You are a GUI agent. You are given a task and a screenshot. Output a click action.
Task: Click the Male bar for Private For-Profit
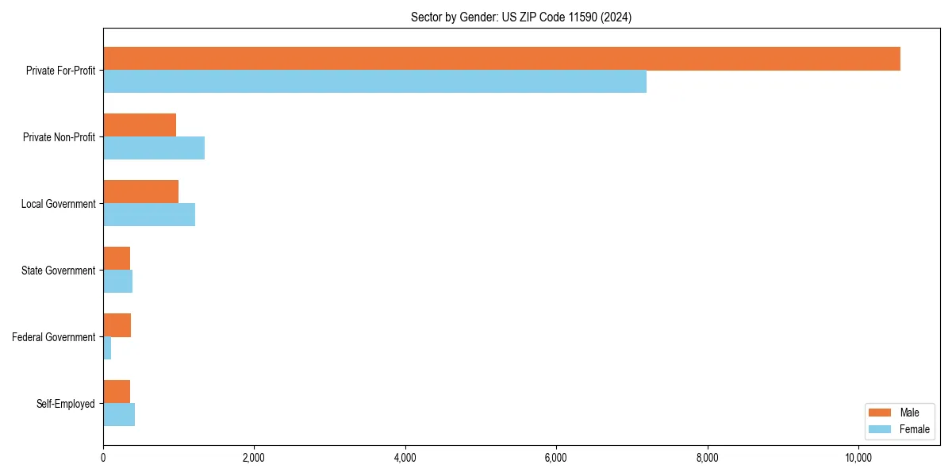pyautogui.click(x=501, y=59)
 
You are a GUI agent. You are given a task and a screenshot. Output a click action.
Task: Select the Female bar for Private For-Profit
pyautogui.click(x=374, y=82)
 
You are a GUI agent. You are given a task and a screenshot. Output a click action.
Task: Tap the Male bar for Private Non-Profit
pyautogui.click(x=140, y=125)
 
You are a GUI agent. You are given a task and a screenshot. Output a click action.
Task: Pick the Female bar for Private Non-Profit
pyautogui.click(x=154, y=148)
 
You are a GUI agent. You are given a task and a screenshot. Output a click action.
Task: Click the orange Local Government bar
pyautogui.click(x=140, y=192)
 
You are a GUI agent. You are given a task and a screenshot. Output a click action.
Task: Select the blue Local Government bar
pyautogui.click(x=149, y=215)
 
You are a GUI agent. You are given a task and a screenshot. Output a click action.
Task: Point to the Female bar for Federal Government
pyautogui.click(x=107, y=348)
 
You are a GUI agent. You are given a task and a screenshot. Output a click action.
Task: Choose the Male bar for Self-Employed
pyautogui.click(x=117, y=392)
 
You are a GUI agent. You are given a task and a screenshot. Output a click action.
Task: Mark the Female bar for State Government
pyautogui.click(x=117, y=282)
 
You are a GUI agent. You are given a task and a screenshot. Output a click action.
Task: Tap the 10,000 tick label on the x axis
pyautogui.click(x=858, y=458)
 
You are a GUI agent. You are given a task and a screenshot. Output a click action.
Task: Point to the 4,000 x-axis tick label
pyautogui.click(x=405, y=458)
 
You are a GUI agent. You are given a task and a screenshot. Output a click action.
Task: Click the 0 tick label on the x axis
pyautogui.click(x=103, y=458)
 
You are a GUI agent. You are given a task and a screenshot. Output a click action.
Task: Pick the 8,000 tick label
pyautogui.click(x=707, y=458)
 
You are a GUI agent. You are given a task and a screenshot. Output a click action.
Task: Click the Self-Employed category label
pyautogui.click(x=65, y=404)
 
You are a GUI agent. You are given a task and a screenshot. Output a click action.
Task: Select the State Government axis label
pyautogui.click(x=58, y=271)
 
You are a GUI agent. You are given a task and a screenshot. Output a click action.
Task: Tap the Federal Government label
pyautogui.click(x=53, y=337)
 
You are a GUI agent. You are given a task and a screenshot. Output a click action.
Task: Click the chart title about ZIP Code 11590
pyautogui.click(x=521, y=17)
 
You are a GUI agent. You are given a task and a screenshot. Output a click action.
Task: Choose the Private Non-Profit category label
pyautogui.click(x=59, y=137)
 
